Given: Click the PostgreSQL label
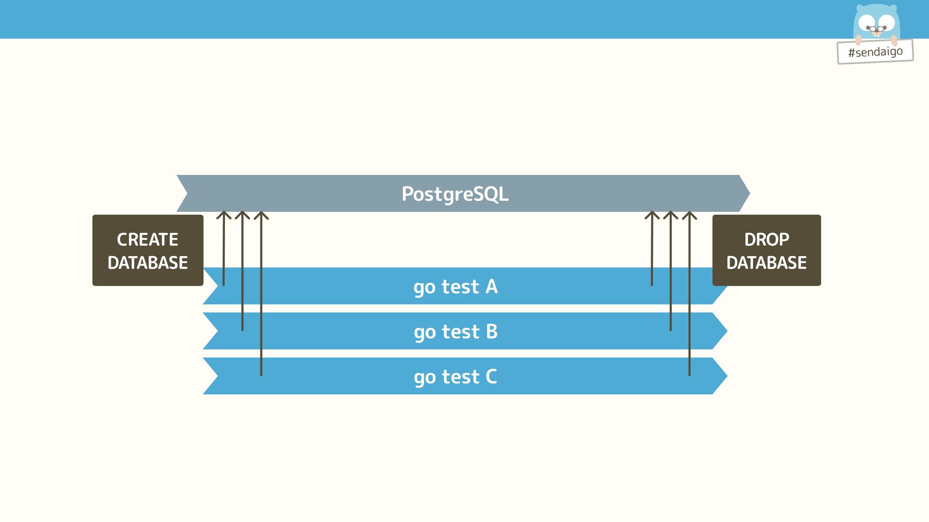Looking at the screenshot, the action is (455, 194).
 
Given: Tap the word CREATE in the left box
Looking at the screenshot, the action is (148, 239).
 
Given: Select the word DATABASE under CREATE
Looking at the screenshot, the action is (148, 262).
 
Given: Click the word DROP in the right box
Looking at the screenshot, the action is (766, 239).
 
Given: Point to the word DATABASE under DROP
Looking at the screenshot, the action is (766, 262).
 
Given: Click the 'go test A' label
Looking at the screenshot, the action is (455, 287).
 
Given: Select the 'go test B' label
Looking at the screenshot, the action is (455, 332).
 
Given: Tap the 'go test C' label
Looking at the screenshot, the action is (455, 377).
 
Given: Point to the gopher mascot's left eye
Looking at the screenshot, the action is (867, 22).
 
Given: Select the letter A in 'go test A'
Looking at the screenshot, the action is (492, 287).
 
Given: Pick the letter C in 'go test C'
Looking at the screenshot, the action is (491, 377).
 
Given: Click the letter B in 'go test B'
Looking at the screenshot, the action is (492, 332).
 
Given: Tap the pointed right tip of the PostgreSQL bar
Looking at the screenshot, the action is (748, 193).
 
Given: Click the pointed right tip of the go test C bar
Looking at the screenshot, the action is (726, 376).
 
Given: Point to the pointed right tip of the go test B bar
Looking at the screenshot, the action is (726, 331).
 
